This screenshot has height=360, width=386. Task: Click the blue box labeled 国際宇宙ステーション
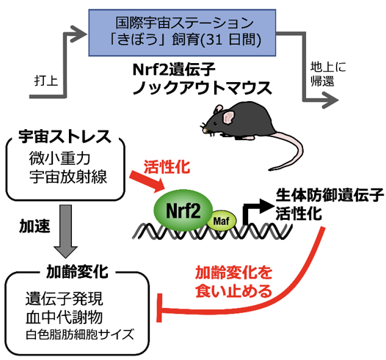[189, 34]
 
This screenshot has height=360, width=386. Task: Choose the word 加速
[32, 228]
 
